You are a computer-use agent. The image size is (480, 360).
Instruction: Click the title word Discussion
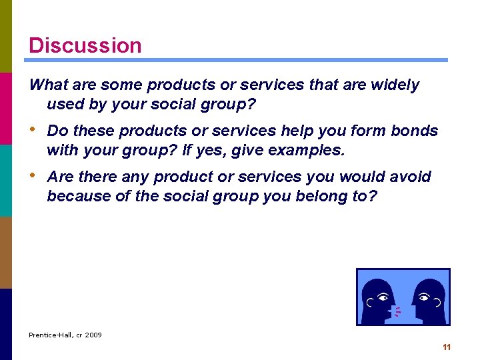pyautogui.click(x=85, y=45)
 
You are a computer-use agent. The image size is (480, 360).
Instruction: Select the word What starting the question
pyautogui.click(x=49, y=85)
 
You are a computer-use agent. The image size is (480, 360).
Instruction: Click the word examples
pyautogui.click(x=311, y=150)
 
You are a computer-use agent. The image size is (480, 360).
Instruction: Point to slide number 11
pyautogui.click(x=447, y=347)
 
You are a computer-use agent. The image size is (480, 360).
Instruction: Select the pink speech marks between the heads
pyautogui.click(x=397, y=311)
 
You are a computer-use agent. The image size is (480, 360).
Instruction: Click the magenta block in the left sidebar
pyautogui.click(x=6, y=108)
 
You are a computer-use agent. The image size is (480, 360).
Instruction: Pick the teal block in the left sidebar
pyautogui.click(x=6, y=180)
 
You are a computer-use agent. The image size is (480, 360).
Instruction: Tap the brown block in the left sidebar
pyautogui.click(x=6, y=252)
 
